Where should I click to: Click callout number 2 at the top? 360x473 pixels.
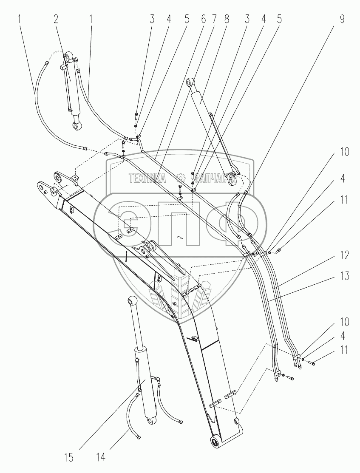[56, 19]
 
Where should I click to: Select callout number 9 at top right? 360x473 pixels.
[342, 19]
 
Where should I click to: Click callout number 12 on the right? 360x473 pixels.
[344, 255]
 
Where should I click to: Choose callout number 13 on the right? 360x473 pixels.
[344, 276]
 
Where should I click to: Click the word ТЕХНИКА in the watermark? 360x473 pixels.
[147, 178]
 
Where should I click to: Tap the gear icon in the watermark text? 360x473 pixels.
[181, 178]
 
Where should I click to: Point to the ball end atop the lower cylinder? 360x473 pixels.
[125, 301]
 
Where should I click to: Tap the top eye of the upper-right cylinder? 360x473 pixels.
[191, 82]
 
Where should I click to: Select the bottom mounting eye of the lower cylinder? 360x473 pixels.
[150, 420]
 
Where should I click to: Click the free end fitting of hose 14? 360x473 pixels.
[139, 437]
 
